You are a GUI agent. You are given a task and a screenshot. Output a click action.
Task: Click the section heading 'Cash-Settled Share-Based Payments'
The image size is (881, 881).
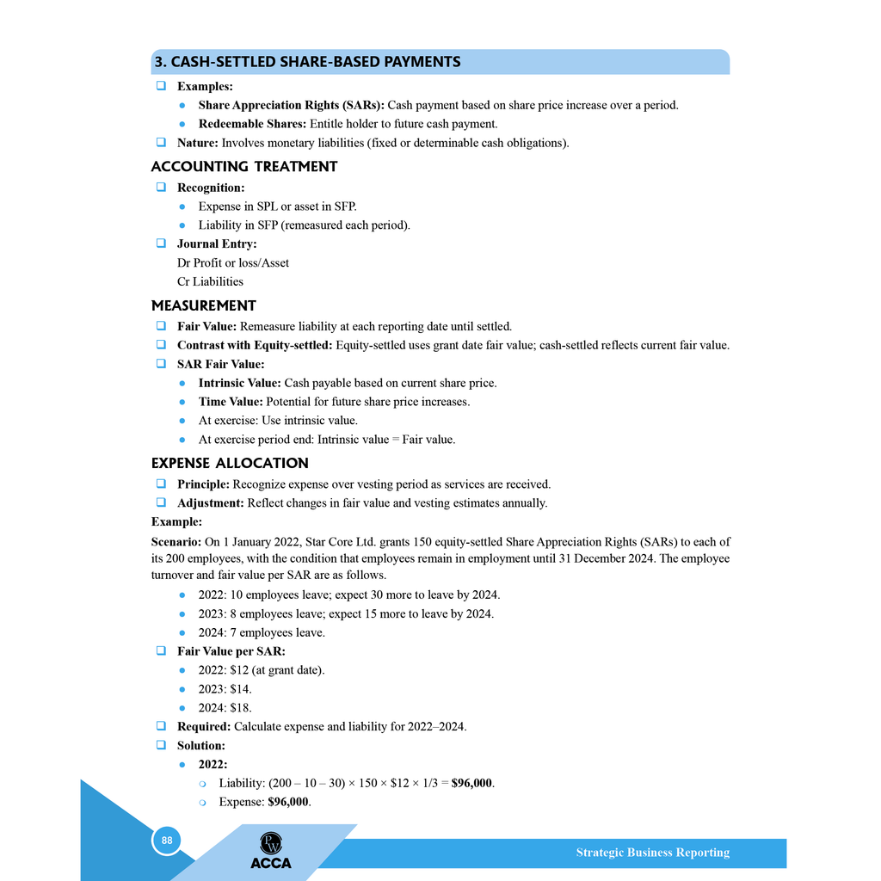306,62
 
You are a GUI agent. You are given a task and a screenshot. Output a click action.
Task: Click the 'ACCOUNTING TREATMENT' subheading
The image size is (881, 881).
244,167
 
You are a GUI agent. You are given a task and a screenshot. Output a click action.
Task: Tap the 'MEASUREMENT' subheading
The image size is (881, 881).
204,305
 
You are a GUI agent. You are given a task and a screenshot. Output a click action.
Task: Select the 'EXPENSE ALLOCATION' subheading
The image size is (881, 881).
230,463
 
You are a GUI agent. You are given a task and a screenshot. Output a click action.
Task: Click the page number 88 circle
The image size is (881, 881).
167,841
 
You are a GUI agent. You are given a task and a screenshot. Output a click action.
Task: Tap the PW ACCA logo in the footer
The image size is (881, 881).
271,851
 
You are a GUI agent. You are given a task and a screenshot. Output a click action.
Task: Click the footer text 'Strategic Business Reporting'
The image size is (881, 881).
652,853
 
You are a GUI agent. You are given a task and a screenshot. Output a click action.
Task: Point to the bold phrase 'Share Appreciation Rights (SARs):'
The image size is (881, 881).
292,105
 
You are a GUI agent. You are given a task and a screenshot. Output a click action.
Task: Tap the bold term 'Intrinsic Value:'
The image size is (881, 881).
239,383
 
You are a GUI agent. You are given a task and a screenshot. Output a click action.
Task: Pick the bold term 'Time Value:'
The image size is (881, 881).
231,402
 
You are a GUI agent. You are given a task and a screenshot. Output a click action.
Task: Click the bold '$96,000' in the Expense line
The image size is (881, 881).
288,802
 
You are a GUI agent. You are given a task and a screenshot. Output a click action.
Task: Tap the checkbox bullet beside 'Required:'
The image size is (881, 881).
161,726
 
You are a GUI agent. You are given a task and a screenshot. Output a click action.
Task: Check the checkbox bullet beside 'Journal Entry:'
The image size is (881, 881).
161,243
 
